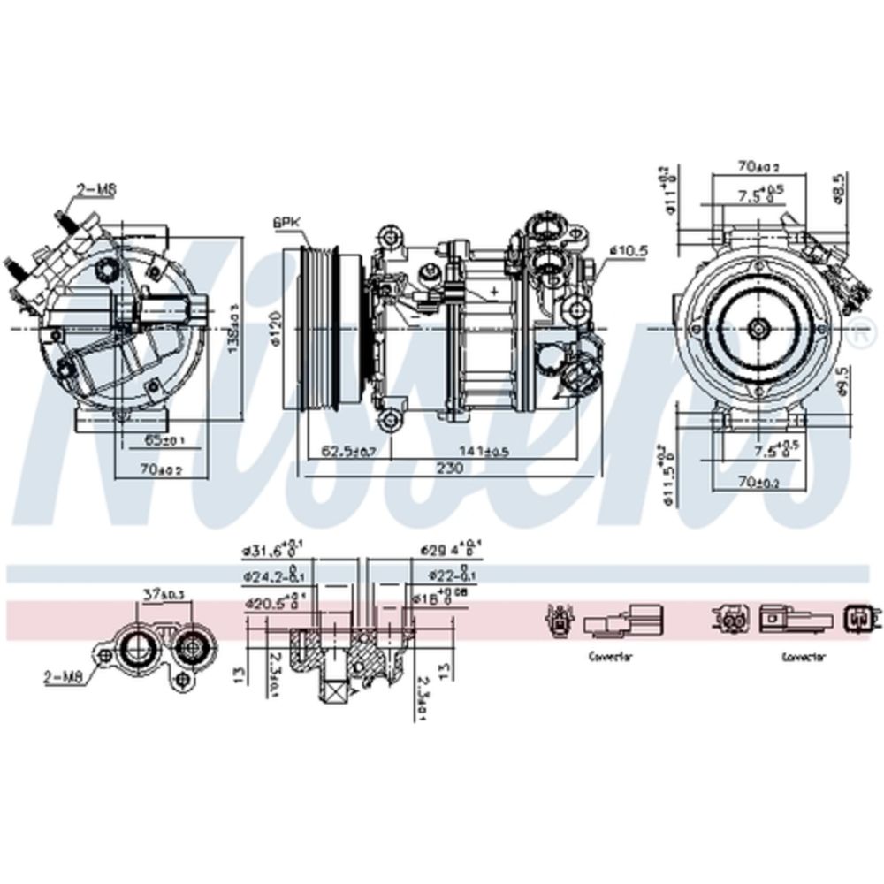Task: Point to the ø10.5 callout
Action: click(629, 251)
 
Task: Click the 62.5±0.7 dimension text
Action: click(348, 451)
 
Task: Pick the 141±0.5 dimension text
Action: click(486, 451)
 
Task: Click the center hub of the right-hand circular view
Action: click(758, 328)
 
